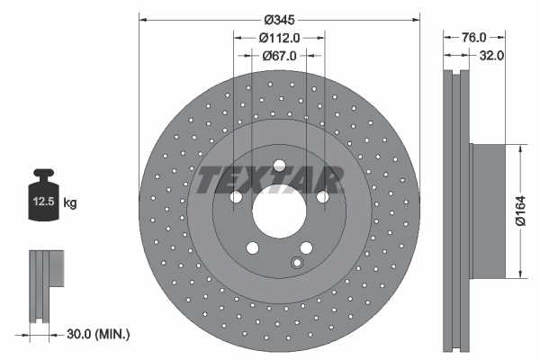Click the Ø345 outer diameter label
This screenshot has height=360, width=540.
(279, 19)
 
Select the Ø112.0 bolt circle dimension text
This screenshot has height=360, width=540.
(279, 38)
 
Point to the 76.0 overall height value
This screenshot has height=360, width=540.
(473, 38)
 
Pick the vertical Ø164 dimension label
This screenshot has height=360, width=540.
(519, 209)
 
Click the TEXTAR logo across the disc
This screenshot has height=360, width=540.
(271, 180)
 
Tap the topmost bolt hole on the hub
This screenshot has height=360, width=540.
(279, 166)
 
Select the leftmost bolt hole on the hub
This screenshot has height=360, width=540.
(235, 198)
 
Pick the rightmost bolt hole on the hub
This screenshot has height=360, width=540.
(323, 198)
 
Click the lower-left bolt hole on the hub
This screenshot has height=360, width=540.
(252, 249)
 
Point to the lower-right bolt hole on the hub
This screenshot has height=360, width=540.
(306, 249)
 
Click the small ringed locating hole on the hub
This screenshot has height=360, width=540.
(296, 263)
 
